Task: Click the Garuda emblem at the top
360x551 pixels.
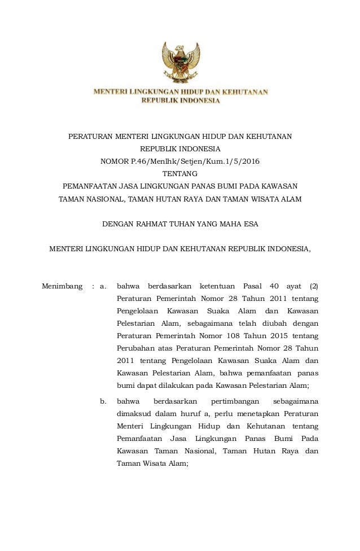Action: (x=180, y=63)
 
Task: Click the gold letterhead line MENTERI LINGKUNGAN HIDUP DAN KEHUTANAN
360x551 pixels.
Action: (x=180, y=91)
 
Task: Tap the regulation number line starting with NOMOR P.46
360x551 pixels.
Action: (x=180, y=161)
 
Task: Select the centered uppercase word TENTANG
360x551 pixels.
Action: (x=180, y=173)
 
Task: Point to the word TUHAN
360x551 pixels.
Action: (x=181, y=224)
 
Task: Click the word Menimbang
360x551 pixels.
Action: (x=62, y=286)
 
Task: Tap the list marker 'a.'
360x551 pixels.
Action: (x=103, y=286)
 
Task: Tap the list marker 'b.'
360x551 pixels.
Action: (x=103, y=402)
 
